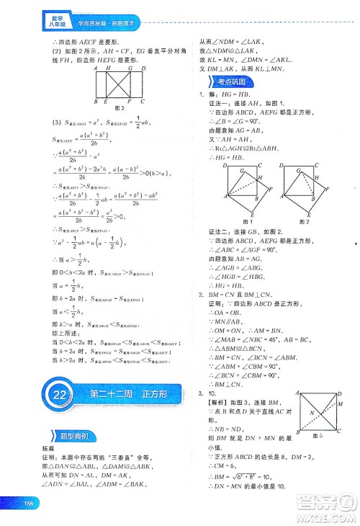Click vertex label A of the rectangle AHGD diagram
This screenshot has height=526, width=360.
tap(96, 68)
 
